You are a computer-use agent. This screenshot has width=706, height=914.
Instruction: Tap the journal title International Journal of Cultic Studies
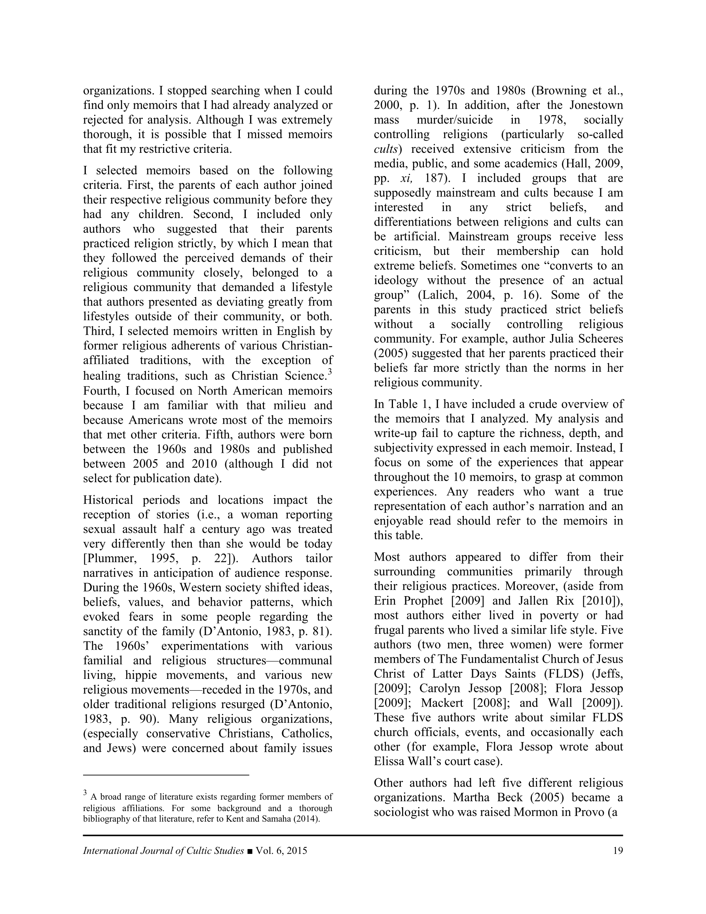pos(163,850)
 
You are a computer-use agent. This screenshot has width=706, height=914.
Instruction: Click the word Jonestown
pos(596,105)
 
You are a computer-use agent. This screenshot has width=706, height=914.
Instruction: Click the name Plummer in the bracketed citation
pos(110,558)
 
